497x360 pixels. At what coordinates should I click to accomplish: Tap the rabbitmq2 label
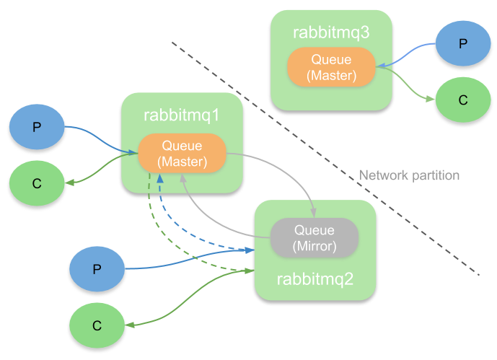coord(316,278)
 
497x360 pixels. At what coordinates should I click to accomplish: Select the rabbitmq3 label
coord(331,32)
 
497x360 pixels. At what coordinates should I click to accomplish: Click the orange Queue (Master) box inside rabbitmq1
coord(182,154)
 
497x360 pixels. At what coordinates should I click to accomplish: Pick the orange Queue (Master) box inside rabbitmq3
coord(331,67)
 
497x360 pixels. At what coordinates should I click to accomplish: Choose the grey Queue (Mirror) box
coord(315,238)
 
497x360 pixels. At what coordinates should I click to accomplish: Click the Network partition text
coord(409,175)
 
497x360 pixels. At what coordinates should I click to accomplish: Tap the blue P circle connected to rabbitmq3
coord(463,43)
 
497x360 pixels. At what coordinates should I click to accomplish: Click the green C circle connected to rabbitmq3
coord(462,100)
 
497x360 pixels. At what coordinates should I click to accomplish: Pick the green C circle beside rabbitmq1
coord(37,183)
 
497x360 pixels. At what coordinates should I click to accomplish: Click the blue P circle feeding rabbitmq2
coord(97,269)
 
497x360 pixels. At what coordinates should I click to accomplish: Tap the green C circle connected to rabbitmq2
coord(97,325)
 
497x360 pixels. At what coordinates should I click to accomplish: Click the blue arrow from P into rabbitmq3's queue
coord(408,53)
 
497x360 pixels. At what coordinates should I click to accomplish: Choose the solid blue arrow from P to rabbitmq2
coord(188,263)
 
